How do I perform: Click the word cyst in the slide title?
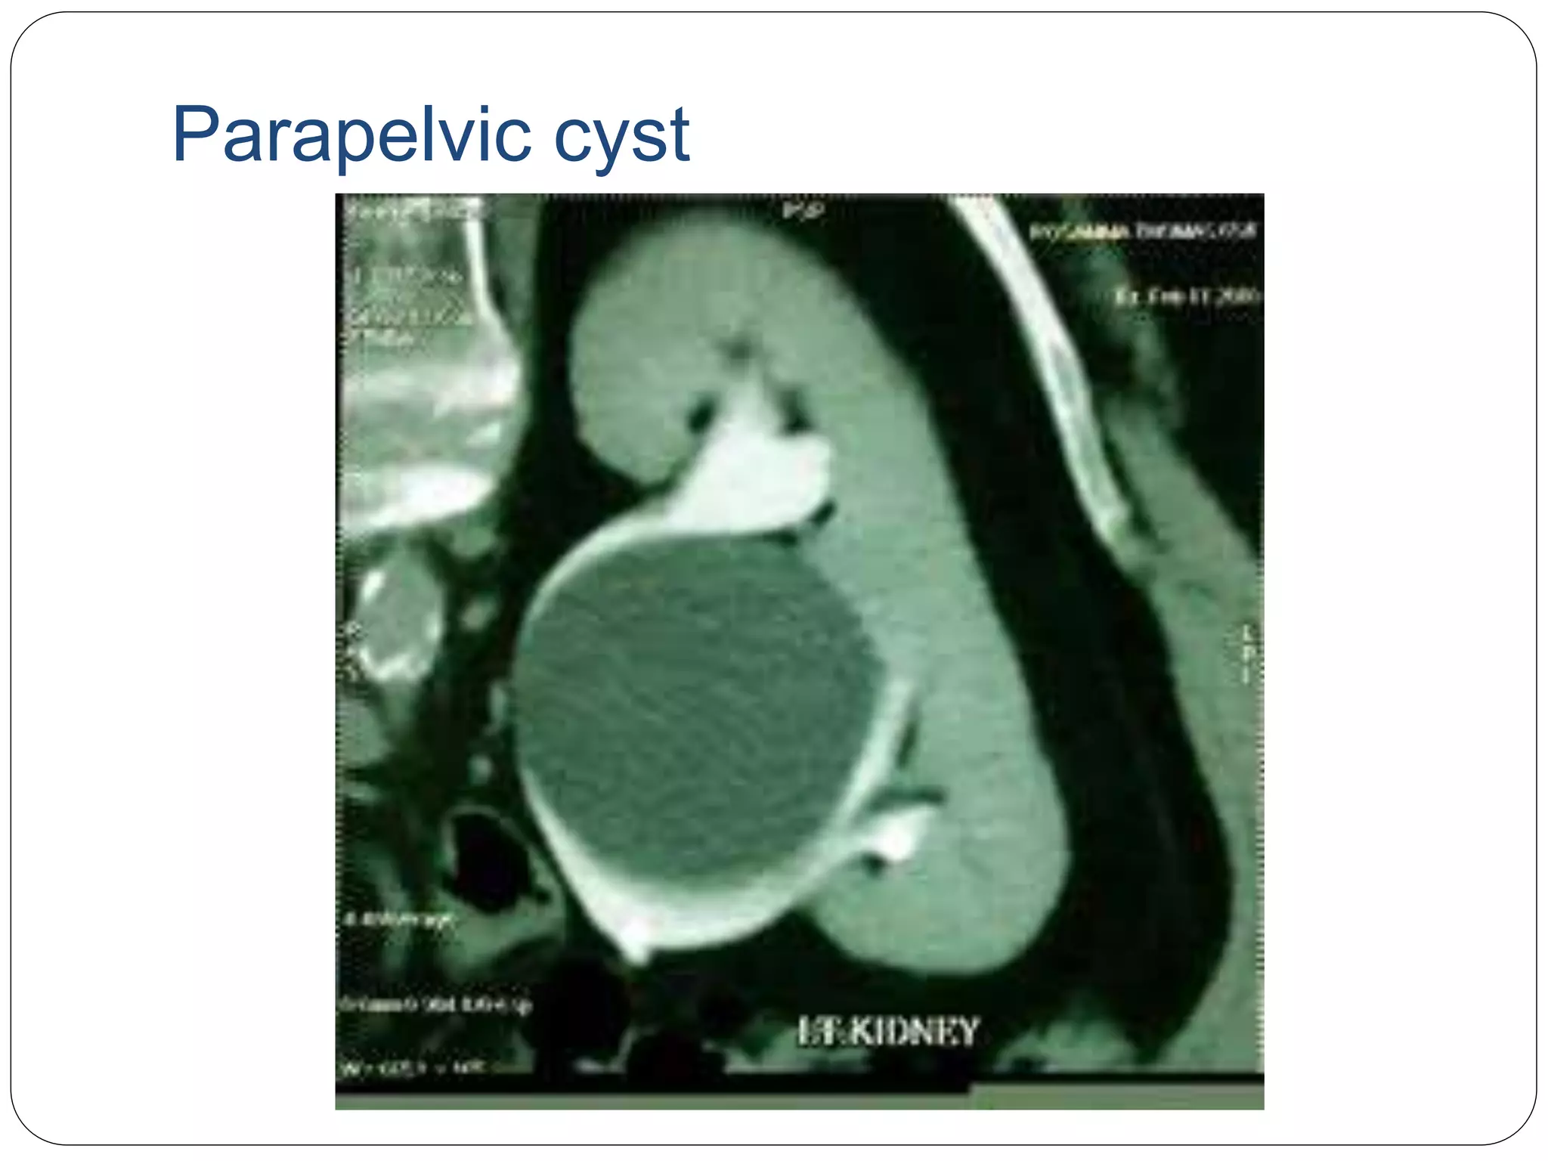pyautogui.click(x=621, y=138)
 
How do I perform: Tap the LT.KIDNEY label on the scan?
pyautogui.click(x=888, y=1033)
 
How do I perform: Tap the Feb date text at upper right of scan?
pyautogui.click(x=1187, y=296)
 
